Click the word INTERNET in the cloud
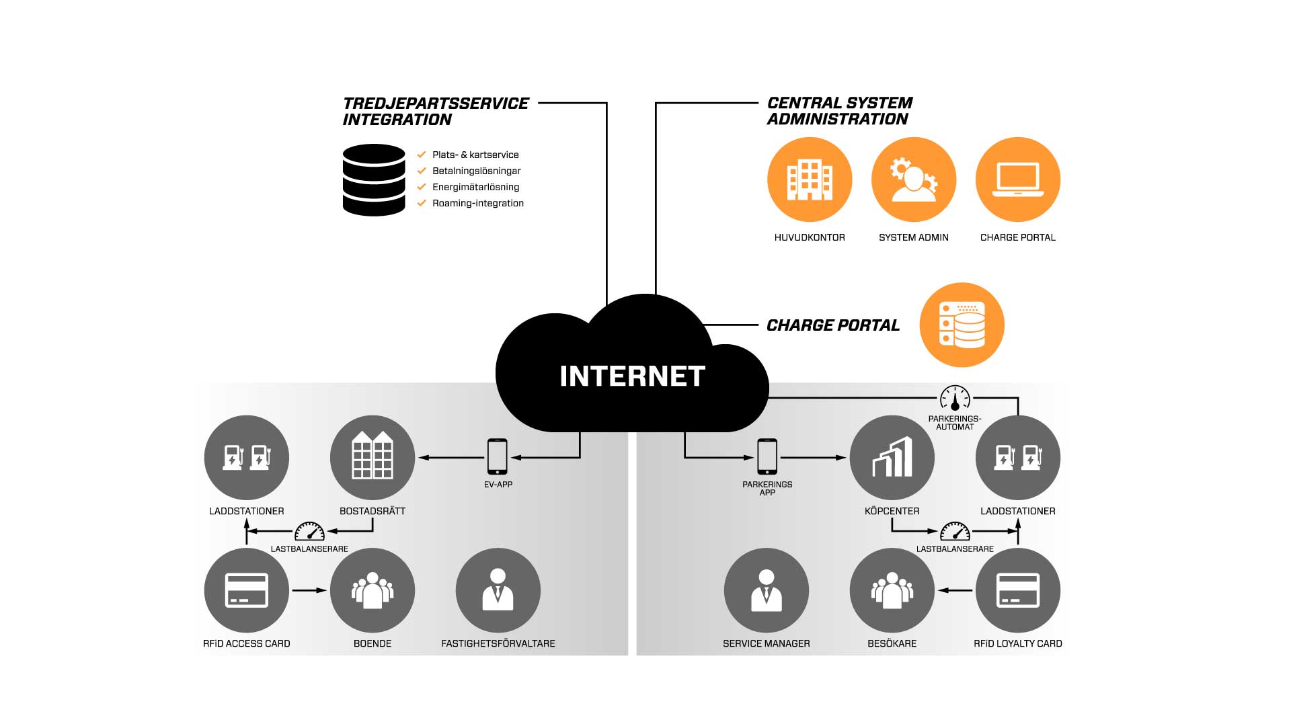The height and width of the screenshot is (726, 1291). coord(632,376)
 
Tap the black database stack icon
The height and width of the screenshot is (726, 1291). coord(374,180)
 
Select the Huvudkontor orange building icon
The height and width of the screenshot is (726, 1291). coord(810,179)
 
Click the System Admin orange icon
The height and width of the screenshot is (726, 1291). coord(914,179)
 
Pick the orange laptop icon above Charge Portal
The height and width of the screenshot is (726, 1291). coord(1018,179)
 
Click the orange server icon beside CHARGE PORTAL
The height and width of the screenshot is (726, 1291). coord(962,325)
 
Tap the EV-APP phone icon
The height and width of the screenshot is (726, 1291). coord(498,456)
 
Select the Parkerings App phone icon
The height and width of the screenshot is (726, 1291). coord(767,456)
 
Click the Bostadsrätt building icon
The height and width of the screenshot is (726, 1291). coord(373,457)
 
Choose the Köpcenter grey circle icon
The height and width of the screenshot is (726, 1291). coord(892,457)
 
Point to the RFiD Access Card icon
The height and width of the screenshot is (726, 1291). coord(247,590)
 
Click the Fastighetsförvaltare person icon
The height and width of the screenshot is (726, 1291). coord(498,590)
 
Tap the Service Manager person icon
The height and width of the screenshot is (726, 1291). coord(767,590)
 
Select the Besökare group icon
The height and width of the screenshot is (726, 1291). coord(892,590)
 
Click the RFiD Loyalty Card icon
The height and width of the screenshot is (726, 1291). coord(1018,590)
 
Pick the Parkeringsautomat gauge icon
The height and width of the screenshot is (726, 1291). coord(955,398)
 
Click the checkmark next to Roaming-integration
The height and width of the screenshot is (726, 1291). coord(422,203)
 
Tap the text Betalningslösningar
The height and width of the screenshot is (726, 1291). coord(476,171)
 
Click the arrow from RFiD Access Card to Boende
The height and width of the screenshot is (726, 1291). coord(309,590)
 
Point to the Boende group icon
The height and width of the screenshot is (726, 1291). coord(373,590)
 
